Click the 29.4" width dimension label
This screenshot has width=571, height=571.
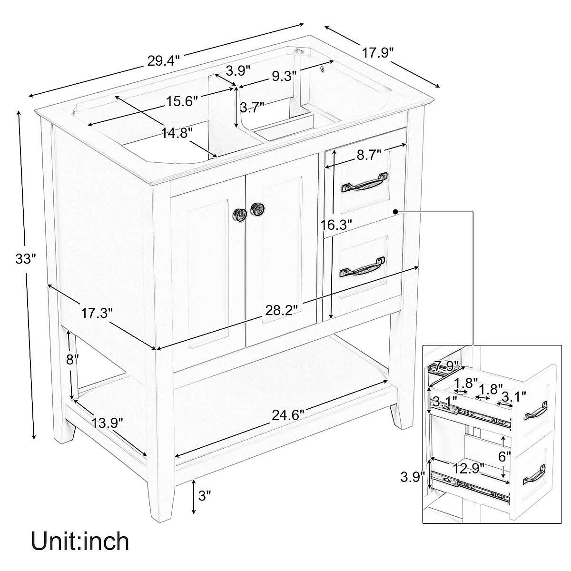(163, 60)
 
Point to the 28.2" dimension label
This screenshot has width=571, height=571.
(282, 309)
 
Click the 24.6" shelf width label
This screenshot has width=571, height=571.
(288, 414)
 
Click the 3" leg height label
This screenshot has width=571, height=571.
(204, 496)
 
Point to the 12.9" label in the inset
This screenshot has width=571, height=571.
(468, 468)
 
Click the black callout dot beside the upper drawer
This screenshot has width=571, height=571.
(395, 211)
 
